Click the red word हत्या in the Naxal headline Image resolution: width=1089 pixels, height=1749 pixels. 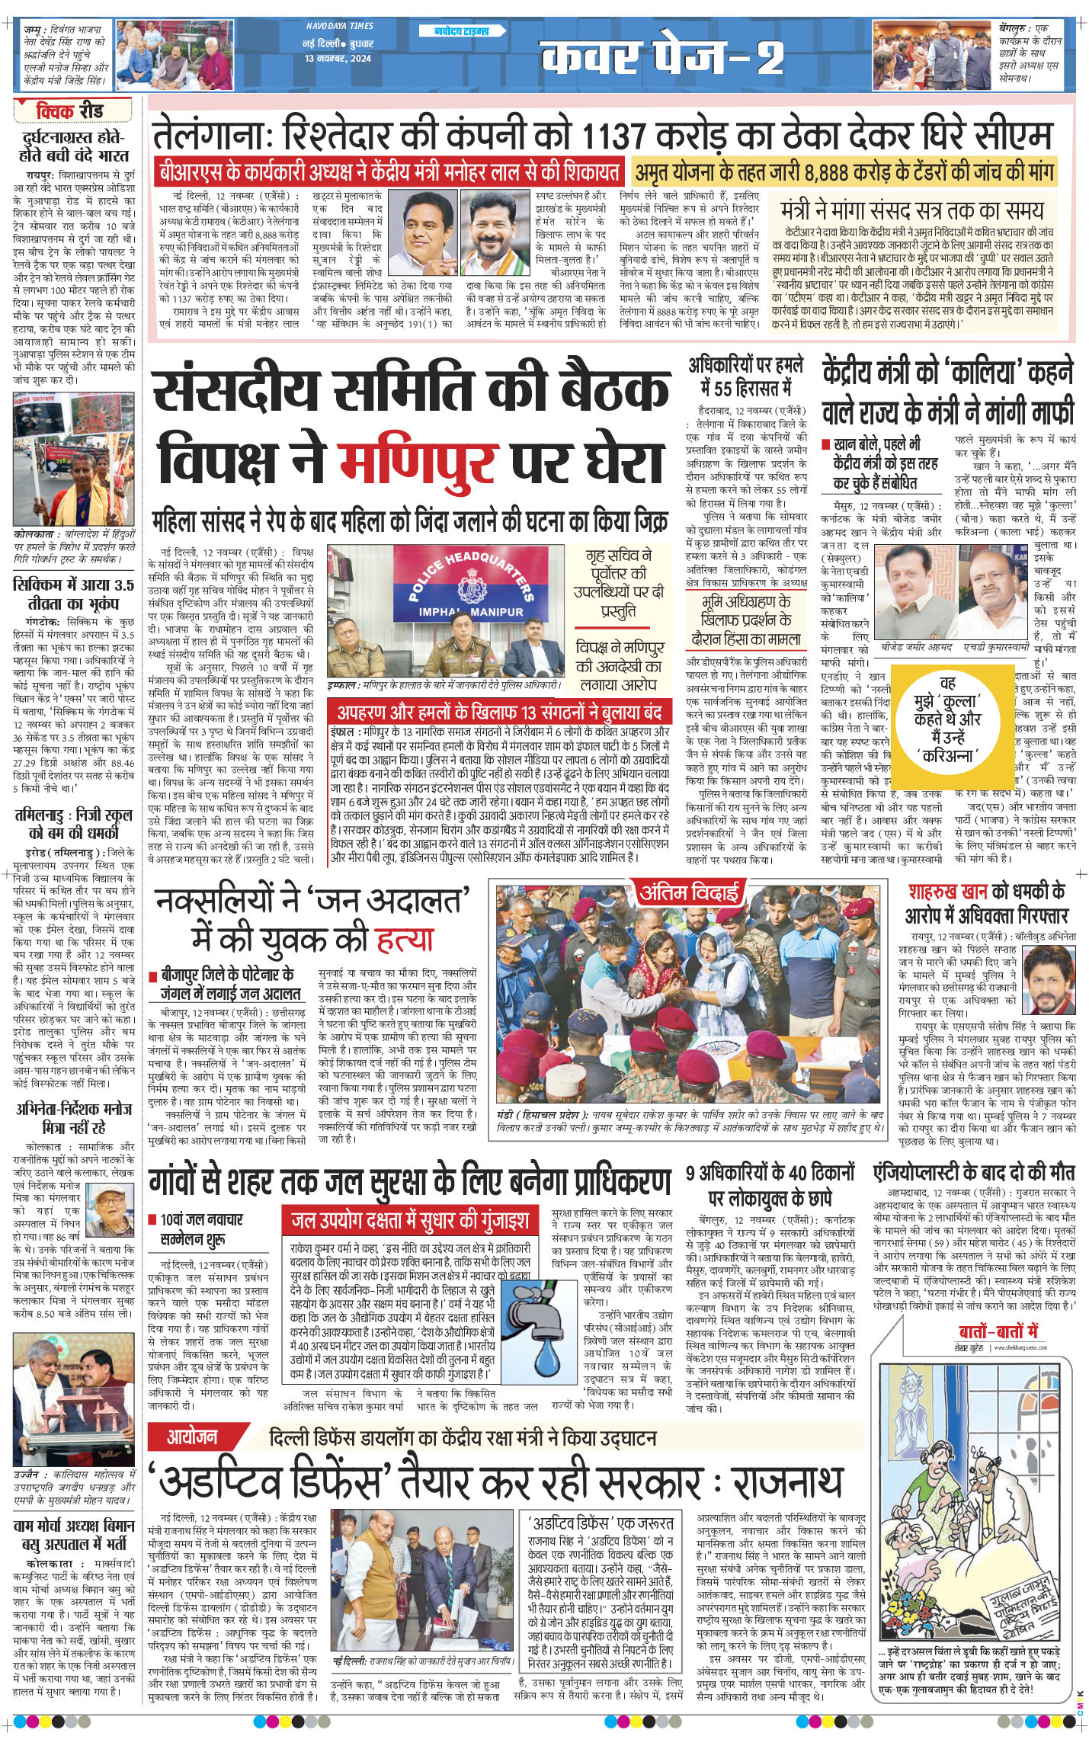405,940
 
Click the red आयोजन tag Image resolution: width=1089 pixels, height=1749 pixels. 192,1437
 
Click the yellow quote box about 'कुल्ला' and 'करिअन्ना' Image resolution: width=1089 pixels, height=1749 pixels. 947,719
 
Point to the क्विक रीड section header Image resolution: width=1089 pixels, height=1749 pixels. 69,111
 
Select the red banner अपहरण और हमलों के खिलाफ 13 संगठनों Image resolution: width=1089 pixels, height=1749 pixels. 500,713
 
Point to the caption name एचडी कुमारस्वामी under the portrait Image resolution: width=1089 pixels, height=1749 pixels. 996,647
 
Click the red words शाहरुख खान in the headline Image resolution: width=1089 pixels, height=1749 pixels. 947,891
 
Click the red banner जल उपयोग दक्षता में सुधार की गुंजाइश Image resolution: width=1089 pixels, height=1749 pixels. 410,1221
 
